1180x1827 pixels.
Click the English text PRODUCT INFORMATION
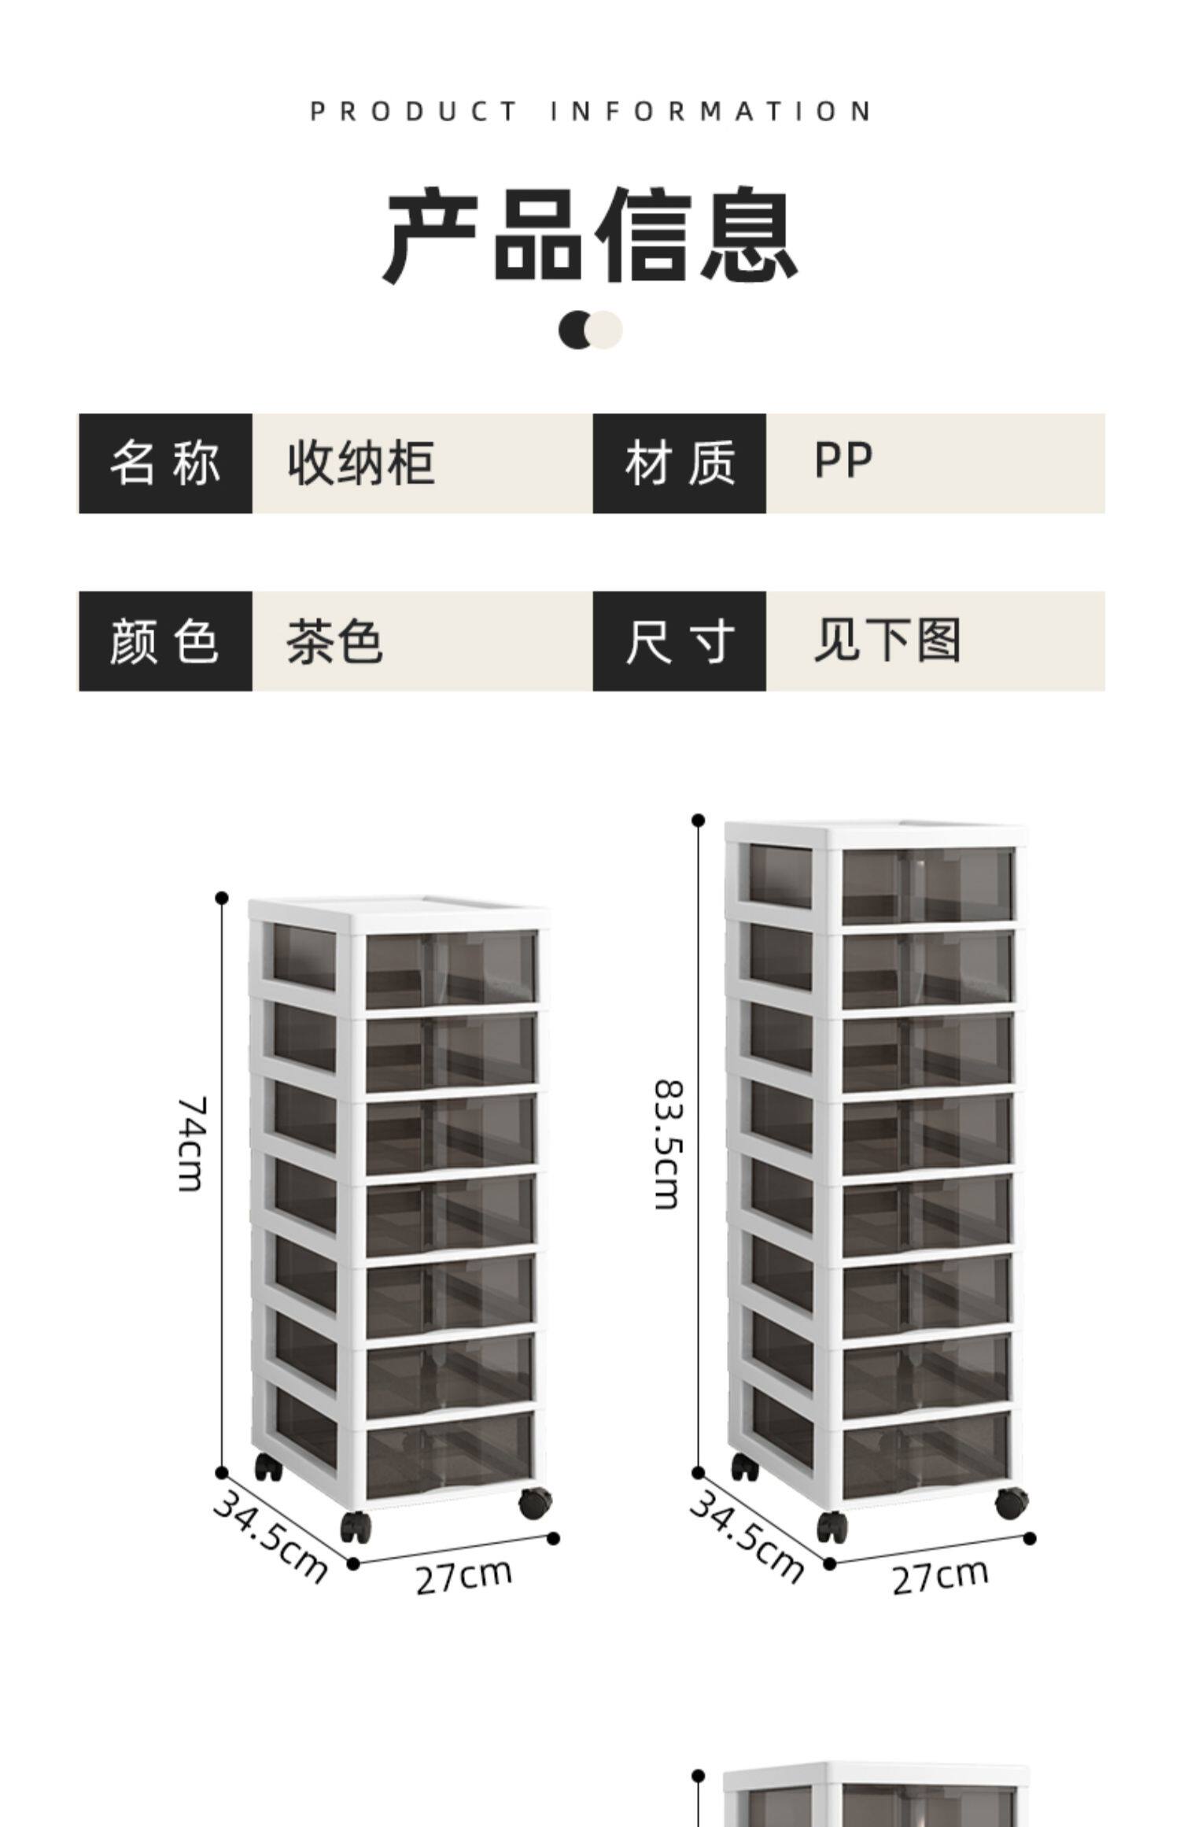tap(590, 111)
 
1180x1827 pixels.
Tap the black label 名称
tap(165, 463)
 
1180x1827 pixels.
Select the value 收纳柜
tap(361, 463)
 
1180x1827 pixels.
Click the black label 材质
tap(679, 463)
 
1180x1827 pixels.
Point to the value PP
tap(843, 462)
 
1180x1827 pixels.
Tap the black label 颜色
tap(165, 641)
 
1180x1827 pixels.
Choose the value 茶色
tap(334, 641)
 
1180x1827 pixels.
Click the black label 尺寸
tap(679, 641)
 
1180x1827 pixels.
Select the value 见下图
tap(887, 640)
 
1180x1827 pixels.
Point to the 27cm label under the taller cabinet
tap(940, 1576)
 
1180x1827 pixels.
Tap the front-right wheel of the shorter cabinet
tap(535, 1503)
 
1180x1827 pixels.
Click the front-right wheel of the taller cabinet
tap(1011, 1503)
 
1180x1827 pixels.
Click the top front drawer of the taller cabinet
tap(927, 885)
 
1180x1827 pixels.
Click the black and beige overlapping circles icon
tap(590, 330)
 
